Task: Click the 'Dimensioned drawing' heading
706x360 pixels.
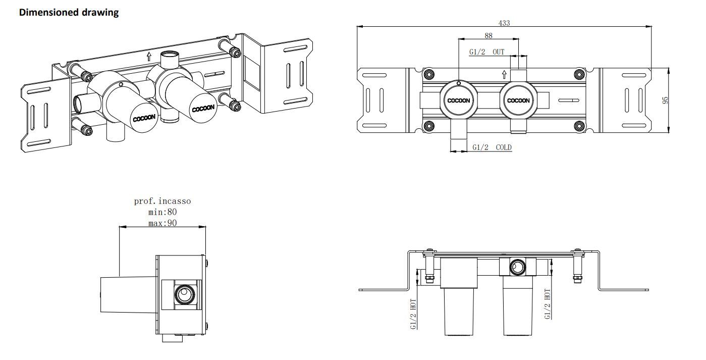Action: [69, 13]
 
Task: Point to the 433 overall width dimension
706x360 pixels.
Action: [504, 23]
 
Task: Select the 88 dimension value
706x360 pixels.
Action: [488, 35]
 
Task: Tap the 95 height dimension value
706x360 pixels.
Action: [665, 100]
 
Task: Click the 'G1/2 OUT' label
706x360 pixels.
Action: [486, 52]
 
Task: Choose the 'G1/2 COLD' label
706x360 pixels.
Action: [492, 147]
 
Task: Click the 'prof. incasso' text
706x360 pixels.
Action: [162, 201]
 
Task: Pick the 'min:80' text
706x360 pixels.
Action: [162, 212]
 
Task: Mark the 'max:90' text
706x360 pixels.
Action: [162, 223]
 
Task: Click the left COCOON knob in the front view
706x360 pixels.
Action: [458, 100]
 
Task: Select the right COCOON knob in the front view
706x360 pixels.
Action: [518, 100]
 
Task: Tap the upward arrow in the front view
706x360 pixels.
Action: [504, 75]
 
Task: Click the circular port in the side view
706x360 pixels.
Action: [182, 292]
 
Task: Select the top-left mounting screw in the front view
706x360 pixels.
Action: [429, 75]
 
